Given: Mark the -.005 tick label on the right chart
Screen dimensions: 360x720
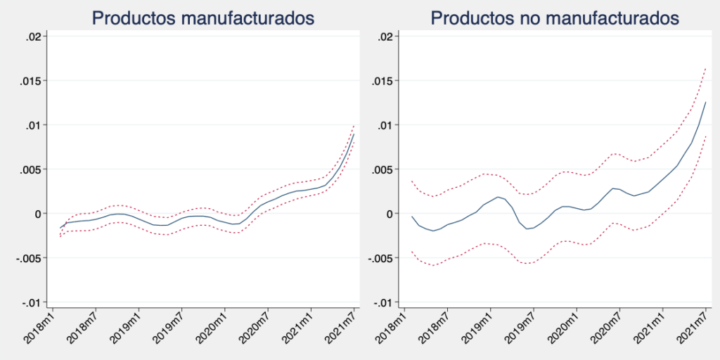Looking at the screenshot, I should (382, 258).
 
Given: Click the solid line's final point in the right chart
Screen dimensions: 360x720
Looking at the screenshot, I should (705, 103).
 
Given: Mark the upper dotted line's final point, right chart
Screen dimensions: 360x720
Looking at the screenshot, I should (705, 68).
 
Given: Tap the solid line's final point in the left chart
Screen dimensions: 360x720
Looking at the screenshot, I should (354, 134).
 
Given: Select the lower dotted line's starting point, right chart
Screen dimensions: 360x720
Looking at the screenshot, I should (412, 252).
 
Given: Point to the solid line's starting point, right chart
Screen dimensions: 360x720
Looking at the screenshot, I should (412, 217).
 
